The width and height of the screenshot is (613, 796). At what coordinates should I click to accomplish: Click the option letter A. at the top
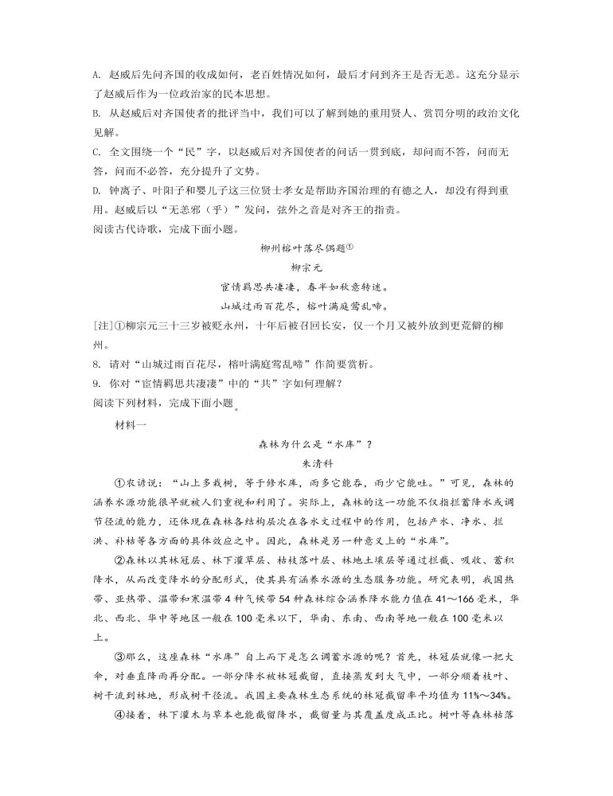(x=96, y=74)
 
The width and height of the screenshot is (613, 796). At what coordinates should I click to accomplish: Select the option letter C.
(x=96, y=151)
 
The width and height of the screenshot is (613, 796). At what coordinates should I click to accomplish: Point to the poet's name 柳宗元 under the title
(x=306, y=267)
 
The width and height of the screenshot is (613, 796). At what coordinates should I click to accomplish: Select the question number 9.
(x=96, y=384)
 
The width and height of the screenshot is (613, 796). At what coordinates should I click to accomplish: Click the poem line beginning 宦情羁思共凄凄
(x=306, y=287)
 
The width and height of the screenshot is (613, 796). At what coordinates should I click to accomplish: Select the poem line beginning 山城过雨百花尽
(x=306, y=306)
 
